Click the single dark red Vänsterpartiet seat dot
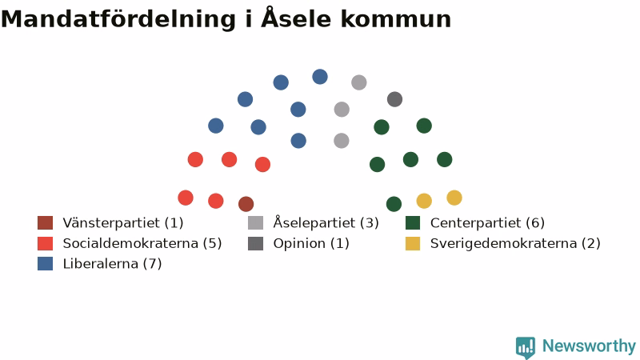pos(246,204)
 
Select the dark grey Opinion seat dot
pos(394,99)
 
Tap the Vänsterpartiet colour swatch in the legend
pos(46,223)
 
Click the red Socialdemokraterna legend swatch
pos(46,243)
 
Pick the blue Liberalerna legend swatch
pos(46,264)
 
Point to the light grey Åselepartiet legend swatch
pos(255,223)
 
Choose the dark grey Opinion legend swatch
pos(255,243)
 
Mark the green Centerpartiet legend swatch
pos(413,223)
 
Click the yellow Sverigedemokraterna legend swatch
pos(413,243)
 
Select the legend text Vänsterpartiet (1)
pos(123,223)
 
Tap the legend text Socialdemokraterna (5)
pos(142,243)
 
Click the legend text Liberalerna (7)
pos(112,264)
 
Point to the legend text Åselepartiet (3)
pos(326,222)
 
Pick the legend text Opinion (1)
pos(311,244)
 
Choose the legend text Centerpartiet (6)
pos(487,223)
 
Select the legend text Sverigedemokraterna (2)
pos(515,243)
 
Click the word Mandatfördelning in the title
pos(118,19)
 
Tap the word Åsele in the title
pos(296,18)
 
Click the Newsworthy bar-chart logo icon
pos(526,347)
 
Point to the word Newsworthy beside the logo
pos(589,346)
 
